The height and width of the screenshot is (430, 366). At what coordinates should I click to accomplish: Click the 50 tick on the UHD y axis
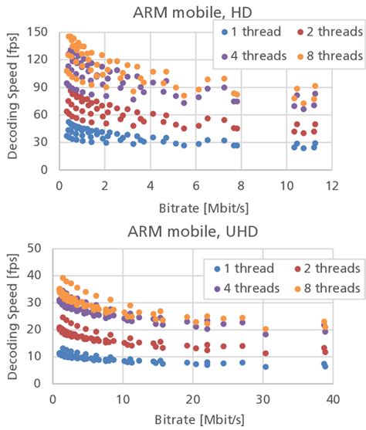click(36, 248)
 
